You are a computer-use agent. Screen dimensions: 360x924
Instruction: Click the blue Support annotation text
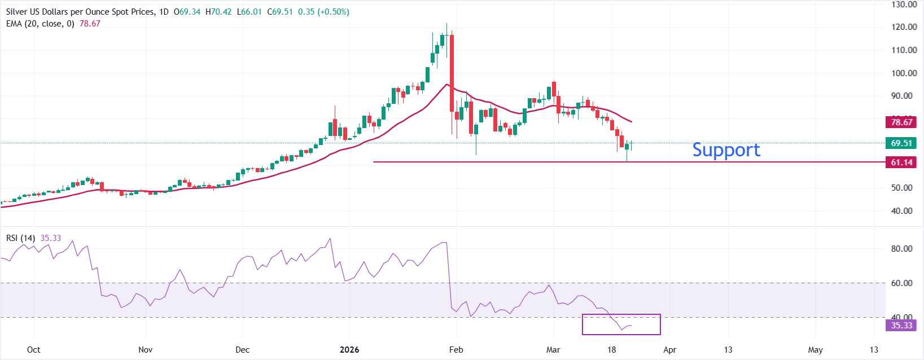pyautogui.click(x=726, y=150)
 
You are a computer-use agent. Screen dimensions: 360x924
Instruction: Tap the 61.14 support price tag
pyautogui.click(x=901, y=163)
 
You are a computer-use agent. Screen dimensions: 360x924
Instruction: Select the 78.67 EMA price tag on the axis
pyautogui.click(x=901, y=122)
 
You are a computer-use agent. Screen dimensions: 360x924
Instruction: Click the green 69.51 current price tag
pyautogui.click(x=901, y=143)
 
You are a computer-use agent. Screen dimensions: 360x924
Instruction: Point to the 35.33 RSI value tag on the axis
pyautogui.click(x=901, y=325)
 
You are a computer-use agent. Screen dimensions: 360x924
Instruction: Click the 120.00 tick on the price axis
pyautogui.click(x=904, y=27)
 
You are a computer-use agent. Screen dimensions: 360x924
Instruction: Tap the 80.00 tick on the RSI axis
pyautogui.click(x=901, y=248)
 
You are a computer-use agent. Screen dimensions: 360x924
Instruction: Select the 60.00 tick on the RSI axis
pyautogui.click(x=901, y=283)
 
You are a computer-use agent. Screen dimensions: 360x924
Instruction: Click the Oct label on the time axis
pyautogui.click(x=34, y=350)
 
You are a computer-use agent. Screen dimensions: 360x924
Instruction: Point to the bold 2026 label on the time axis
pyautogui.click(x=349, y=350)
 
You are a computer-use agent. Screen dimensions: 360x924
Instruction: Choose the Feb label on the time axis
pyautogui.click(x=456, y=350)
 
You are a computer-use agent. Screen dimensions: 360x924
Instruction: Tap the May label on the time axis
pyautogui.click(x=815, y=350)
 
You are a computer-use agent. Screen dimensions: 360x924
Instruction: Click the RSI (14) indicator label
pyautogui.click(x=21, y=238)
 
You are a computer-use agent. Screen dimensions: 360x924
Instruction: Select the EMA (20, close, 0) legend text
pyautogui.click(x=40, y=24)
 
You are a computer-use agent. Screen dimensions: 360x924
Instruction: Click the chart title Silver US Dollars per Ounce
pyautogui.click(x=79, y=12)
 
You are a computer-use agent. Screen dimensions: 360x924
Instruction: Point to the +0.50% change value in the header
pyautogui.click(x=334, y=12)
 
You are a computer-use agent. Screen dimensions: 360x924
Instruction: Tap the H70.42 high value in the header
pyautogui.click(x=218, y=12)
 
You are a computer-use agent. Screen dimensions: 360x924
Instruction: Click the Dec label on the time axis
pyautogui.click(x=242, y=350)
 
